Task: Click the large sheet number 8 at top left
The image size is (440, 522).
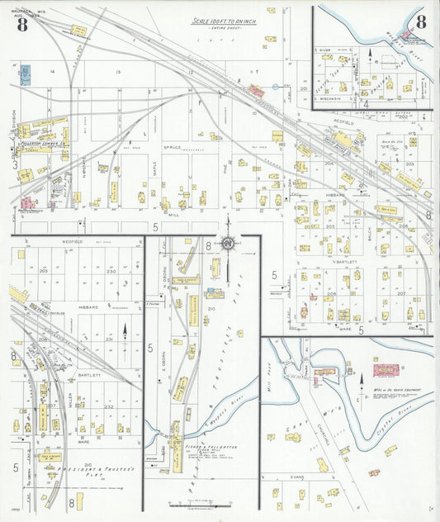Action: point(21,24)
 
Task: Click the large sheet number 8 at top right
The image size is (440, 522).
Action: point(421,22)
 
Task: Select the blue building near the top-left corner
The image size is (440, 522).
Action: point(25,76)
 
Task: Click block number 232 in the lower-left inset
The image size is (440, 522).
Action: point(110,406)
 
